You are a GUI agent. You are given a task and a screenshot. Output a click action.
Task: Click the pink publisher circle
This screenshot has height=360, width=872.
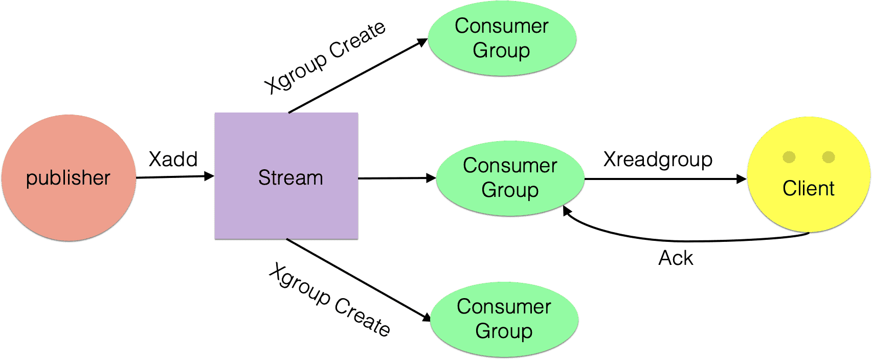[69, 177]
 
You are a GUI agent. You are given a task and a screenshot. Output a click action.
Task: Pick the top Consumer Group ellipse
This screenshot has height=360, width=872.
[502, 38]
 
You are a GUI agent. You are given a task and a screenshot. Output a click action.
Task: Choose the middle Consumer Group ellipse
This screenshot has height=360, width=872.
[510, 178]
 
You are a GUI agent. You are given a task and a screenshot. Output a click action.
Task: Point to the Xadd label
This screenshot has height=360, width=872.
[173, 160]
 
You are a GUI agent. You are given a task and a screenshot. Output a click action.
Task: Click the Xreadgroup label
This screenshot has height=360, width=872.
[658, 160]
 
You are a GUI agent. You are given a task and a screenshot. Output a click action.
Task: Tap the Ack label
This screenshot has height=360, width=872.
[676, 258]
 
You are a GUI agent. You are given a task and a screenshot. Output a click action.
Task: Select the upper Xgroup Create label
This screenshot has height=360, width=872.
[325, 57]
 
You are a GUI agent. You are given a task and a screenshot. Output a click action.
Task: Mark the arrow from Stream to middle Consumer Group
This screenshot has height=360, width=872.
[396, 178]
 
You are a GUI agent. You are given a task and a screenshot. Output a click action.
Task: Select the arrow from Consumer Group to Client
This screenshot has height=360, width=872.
[665, 179]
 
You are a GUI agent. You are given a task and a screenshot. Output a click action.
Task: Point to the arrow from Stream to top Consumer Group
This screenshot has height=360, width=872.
[358, 76]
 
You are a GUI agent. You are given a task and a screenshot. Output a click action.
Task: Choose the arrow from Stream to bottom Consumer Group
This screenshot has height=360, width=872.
[358, 280]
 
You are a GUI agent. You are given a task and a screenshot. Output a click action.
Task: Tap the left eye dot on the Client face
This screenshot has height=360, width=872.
[789, 157]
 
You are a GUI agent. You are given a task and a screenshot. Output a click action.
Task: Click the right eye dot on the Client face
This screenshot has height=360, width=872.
[829, 157]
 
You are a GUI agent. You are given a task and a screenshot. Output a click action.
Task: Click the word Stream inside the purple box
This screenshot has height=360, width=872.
[290, 178]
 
